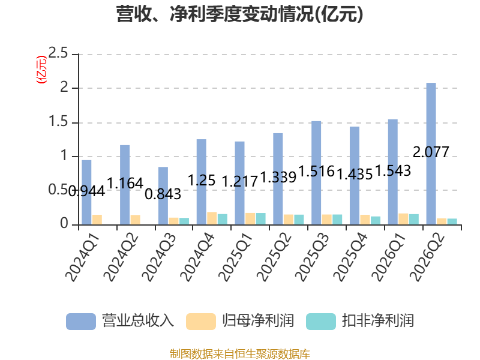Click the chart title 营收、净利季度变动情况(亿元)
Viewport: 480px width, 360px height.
(x=239, y=14)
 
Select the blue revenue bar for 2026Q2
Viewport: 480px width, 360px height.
(x=431, y=154)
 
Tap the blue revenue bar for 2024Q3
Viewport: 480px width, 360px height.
(x=163, y=196)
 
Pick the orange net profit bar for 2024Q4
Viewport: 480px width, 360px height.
(x=212, y=218)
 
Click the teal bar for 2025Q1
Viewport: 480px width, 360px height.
(x=261, y=219)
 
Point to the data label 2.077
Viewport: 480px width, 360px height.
(x=431, y=152)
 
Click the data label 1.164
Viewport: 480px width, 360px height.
(x=125, y=183)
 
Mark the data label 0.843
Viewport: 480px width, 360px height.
(x=163, y=194)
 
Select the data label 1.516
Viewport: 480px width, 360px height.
(x=316, y=171)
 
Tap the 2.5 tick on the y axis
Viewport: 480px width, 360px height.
(x=58, y=53)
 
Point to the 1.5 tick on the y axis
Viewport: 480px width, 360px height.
(x=58, y=122)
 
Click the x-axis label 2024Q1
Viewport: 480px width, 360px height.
(x=83, y=258)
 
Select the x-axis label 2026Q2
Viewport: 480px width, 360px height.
(x=427, y=258)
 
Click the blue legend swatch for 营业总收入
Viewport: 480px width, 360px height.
(x=81, y=322)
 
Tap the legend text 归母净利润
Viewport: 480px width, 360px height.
(x=258, y=321)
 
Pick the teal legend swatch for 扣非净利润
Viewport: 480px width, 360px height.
(x=321, y=322)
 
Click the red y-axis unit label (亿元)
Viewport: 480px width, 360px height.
(x=41, y=70)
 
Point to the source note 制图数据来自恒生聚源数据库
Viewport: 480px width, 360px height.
(x=240, y=354)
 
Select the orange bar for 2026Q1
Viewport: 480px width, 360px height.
(x=403, y=219)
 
